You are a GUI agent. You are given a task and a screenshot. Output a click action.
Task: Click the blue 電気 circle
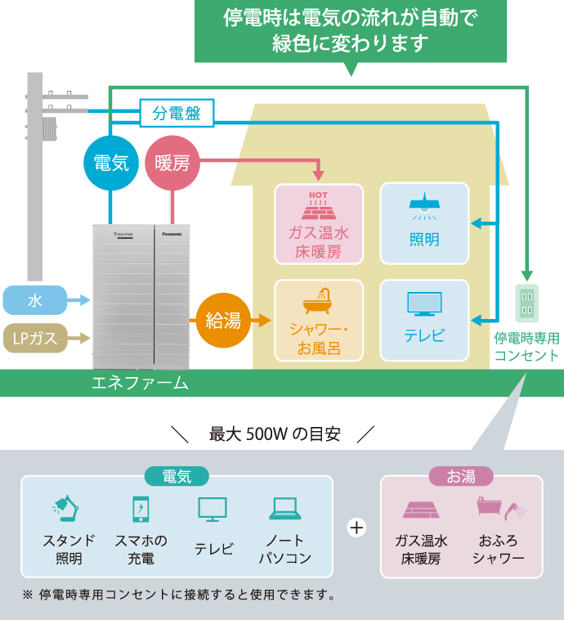point(111,162)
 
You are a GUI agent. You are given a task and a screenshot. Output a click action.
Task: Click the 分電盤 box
point(177,113)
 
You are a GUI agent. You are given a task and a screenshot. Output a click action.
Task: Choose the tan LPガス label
point(35,336)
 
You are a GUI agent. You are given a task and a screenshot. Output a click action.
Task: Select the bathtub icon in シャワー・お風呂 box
point(318,302)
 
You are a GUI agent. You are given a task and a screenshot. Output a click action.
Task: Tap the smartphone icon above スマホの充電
point(141,508)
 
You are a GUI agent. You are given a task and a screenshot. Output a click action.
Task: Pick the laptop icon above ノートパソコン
point(285,509)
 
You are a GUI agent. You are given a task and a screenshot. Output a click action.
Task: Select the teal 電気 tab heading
point(177,476)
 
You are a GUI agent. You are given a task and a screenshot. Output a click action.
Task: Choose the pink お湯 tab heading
point(461,476)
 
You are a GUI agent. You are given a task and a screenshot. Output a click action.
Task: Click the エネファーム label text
point(140,383)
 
